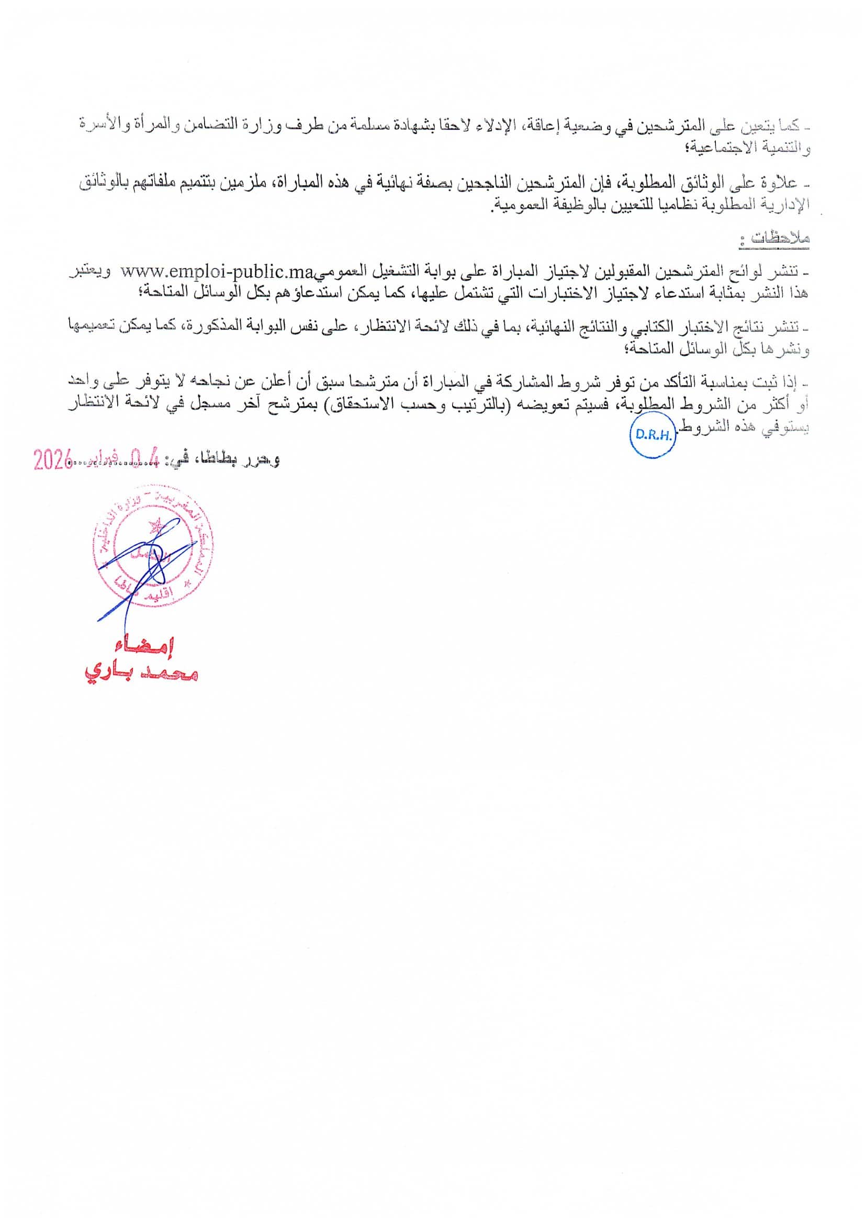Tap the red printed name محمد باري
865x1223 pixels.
141,675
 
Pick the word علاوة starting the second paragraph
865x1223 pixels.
783,183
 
